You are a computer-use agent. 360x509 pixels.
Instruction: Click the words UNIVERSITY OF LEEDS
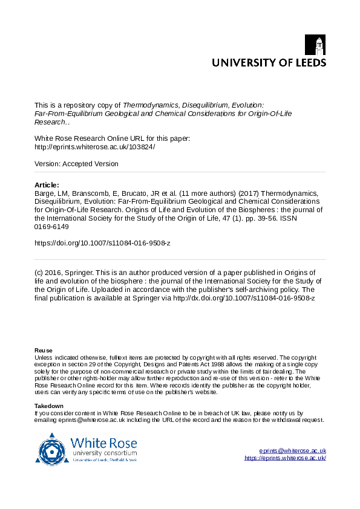(x=268, y=62)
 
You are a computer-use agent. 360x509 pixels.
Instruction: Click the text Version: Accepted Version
(x=77, y=164)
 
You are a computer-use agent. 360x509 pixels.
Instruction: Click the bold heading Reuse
(x=44, y=351)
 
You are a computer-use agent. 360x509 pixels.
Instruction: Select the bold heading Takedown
(x=49, y=406)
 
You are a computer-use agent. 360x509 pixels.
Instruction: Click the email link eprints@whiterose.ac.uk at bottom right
(x=292, y=450)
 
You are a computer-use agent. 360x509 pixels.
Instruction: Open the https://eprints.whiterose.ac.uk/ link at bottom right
(x=285, y=458)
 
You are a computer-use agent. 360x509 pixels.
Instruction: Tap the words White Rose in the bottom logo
(x=103, y=442)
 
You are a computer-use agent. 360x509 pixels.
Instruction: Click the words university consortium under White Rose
(x=104, y=453)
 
